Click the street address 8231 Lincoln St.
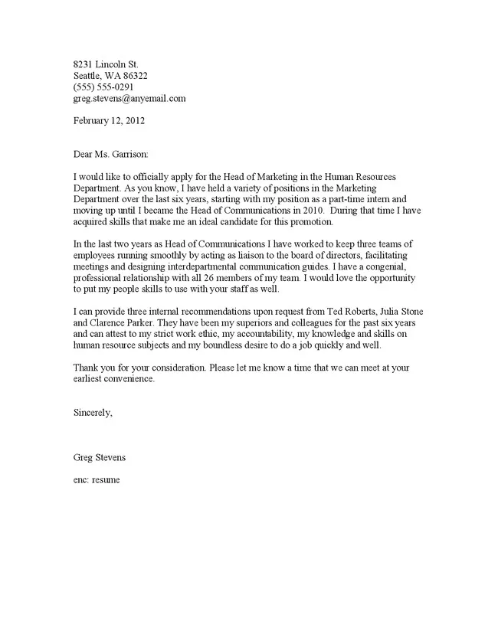coord(106,64)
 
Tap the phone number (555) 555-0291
coord(103,87)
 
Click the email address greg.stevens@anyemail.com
coord(129,99)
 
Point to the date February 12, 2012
coord(109,120)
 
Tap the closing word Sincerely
coord(93,413)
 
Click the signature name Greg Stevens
coord(100,458)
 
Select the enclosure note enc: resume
coord(97,479)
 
